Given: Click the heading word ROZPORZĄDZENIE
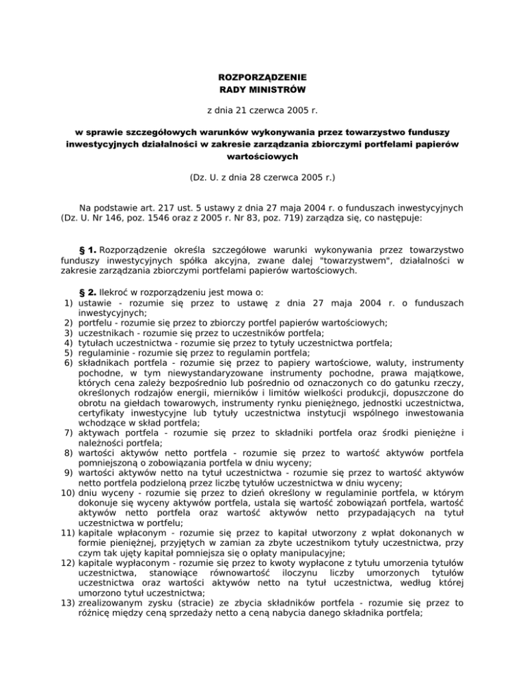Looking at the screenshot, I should click(x=262, y=77).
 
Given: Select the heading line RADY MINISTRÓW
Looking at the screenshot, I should click(x=262, y=90).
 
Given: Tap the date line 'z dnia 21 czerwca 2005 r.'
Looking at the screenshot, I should click(x=262, y=109).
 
